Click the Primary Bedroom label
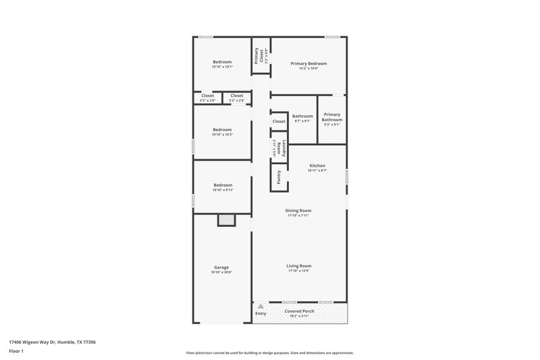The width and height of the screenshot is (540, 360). (308, 63)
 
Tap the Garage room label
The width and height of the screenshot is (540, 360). (221, 267)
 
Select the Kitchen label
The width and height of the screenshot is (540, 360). (317, 165)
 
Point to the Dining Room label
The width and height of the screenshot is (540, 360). (298, 210)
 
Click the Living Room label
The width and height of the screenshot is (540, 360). (298, 265)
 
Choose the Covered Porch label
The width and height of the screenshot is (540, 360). (299, 311)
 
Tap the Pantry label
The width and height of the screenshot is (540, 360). (278, 177)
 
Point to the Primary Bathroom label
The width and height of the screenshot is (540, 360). (332, 117)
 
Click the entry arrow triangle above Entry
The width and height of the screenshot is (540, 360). (260, 307)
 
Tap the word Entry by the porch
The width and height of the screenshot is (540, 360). (261, 313)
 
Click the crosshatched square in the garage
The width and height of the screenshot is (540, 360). (226, 220)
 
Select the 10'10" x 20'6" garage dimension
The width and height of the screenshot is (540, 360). (221, 272)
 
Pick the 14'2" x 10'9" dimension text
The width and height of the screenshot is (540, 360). (308, 68)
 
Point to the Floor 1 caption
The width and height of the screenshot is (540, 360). (16, 352)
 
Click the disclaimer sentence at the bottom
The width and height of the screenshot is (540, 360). (269, 353)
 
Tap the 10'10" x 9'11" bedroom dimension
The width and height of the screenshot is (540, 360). (222, 190)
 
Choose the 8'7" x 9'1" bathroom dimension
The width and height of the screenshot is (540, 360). (302, 121)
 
